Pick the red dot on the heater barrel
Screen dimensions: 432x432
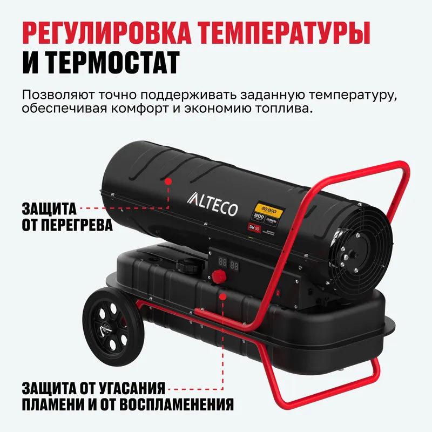click(168, 183)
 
